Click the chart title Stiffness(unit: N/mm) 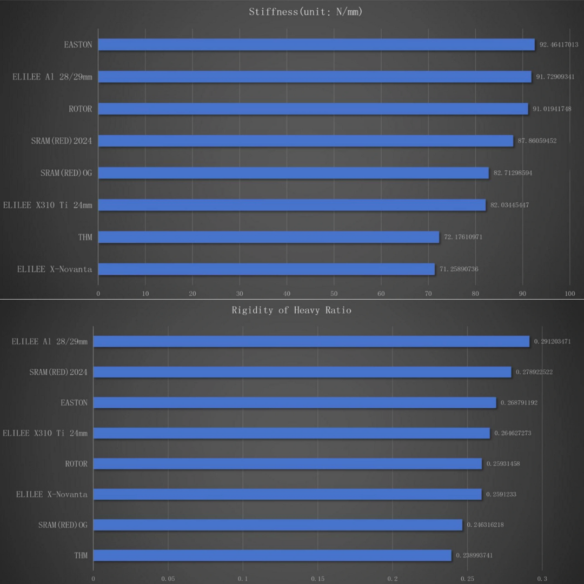(x=306, y=12)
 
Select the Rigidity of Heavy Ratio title (x=291, y=310)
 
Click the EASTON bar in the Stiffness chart (x=316, y=44)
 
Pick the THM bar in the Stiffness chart (x=269, y=237)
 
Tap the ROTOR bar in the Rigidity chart (x=288, y=464)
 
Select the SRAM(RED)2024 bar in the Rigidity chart (x=302, y=372)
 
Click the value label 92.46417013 (x=559, y=45)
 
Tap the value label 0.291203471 (x=552, y=342)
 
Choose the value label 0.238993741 (x=474, y=555)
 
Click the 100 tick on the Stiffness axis (x=569, y=294)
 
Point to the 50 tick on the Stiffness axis (x=334, y=294)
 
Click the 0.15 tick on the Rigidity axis (x=317, y=579)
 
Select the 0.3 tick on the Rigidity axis (x=542, y=579)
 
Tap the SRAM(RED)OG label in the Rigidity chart (x=63, y=525)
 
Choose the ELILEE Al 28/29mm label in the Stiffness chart (x=52, y=77)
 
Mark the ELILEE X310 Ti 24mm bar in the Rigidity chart (x=291, y=433)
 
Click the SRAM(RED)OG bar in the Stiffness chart (x=293, y=173)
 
